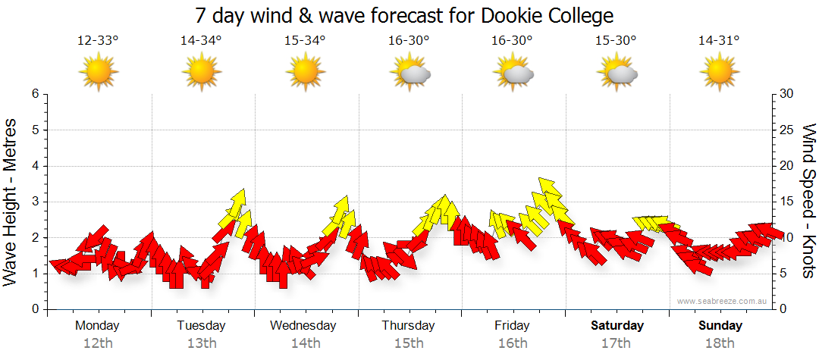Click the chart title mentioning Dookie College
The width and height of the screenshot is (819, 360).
click(403, 15)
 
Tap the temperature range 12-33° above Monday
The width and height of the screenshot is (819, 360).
click(98, 41)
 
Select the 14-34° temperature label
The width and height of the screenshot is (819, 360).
click(201, 41)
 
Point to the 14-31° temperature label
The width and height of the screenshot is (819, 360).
click(719, 41)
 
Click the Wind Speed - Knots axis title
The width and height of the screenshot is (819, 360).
click(808, 201)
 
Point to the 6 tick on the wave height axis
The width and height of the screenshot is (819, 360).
click(34, 94)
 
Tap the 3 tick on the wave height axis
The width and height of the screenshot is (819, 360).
click(34, 202)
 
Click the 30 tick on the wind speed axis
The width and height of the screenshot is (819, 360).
click(787, 94)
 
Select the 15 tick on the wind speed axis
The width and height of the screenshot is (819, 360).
click(787, 202)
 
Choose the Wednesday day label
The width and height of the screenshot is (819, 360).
click(303, 326)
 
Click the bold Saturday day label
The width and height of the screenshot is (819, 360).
click(617, 326)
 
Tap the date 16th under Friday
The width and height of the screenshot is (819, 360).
click(513, 343)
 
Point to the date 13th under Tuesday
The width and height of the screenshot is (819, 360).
click(201, 343)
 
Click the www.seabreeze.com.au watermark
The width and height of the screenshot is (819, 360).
click(723, 302)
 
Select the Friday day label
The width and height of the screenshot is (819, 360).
click(513, 326)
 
